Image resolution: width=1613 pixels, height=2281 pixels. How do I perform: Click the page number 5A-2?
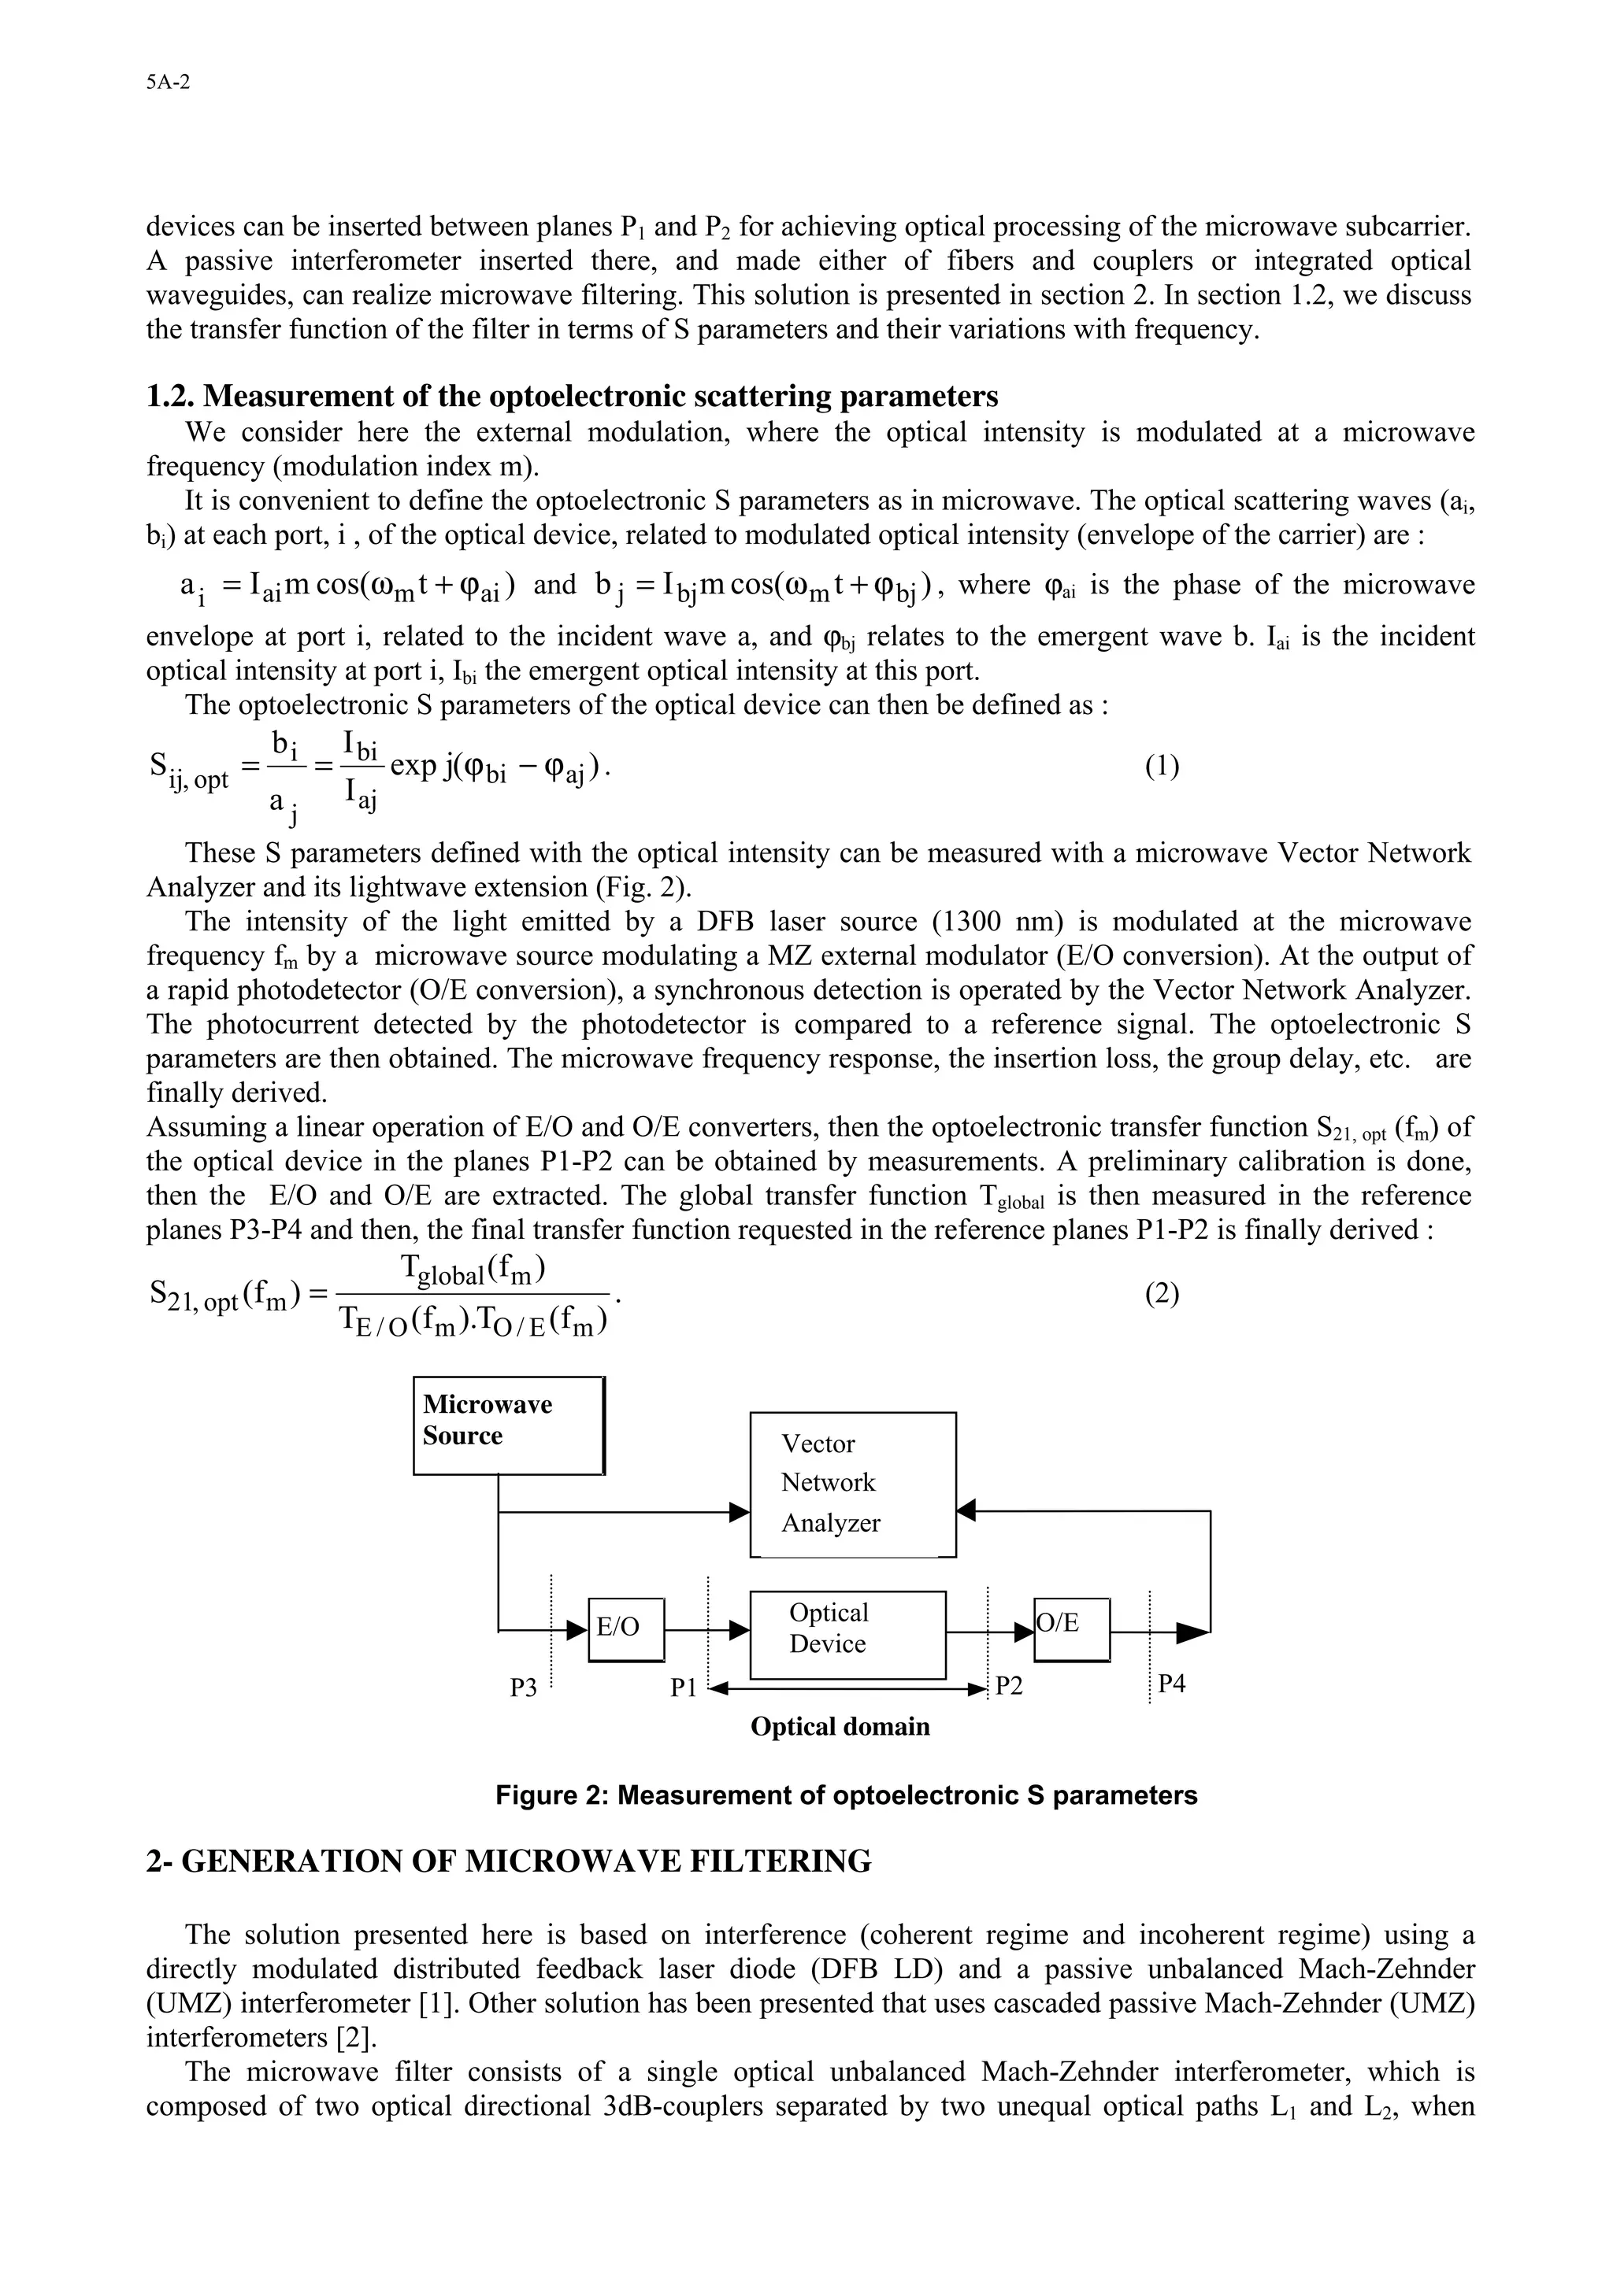point(167,83)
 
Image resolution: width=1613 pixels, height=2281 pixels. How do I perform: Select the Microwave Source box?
point(509,1425)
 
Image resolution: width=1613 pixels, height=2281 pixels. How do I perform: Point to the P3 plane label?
point(523,1688)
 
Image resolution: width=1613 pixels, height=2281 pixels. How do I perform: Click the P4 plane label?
point(1172,1684)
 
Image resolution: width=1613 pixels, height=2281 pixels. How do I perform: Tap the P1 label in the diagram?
point(683,1688)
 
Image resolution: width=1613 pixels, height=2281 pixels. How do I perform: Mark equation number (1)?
point(1161,766)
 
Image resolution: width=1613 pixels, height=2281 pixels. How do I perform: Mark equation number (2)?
point(1161,1293)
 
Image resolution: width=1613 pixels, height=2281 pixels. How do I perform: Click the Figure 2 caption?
point(846,1795)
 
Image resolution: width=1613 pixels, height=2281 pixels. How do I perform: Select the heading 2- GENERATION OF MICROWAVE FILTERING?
point(508,1861)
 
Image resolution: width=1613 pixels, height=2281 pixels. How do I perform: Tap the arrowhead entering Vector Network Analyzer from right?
point(966,1511)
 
